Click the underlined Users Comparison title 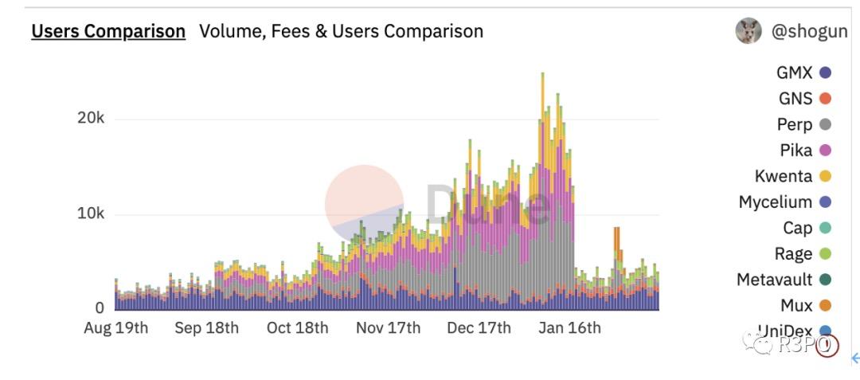point(108,31)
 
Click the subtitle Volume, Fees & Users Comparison point(341,31)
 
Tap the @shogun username point(809,31)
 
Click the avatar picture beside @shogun point(748,30)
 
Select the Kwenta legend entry point(784,176)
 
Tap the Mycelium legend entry point(776,202)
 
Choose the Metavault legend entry point(775,280)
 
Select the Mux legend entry point(796,305)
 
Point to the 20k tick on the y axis point(90,119)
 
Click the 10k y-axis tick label point(90,214)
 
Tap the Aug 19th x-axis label point(115,327)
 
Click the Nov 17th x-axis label point(389,327)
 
